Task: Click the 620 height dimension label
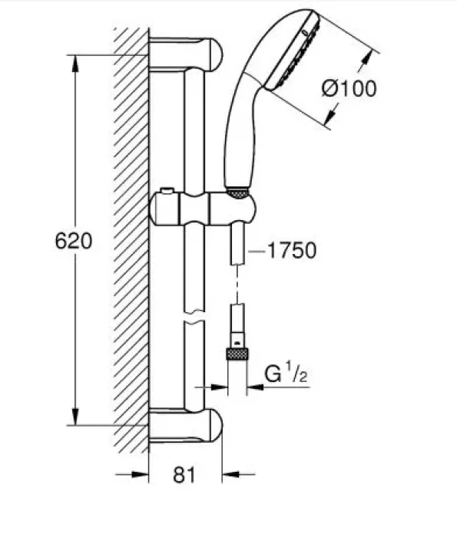(x=74, y=240)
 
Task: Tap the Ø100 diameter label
(x=349, y=88)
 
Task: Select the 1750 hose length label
(x=291, y=250)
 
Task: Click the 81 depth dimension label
(x=184, y=475)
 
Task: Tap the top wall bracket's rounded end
(x=214, y=54)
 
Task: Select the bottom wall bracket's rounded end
(x=214, y=425)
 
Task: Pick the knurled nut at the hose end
(x=237, y=354)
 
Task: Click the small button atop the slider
(x=168, y=190)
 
